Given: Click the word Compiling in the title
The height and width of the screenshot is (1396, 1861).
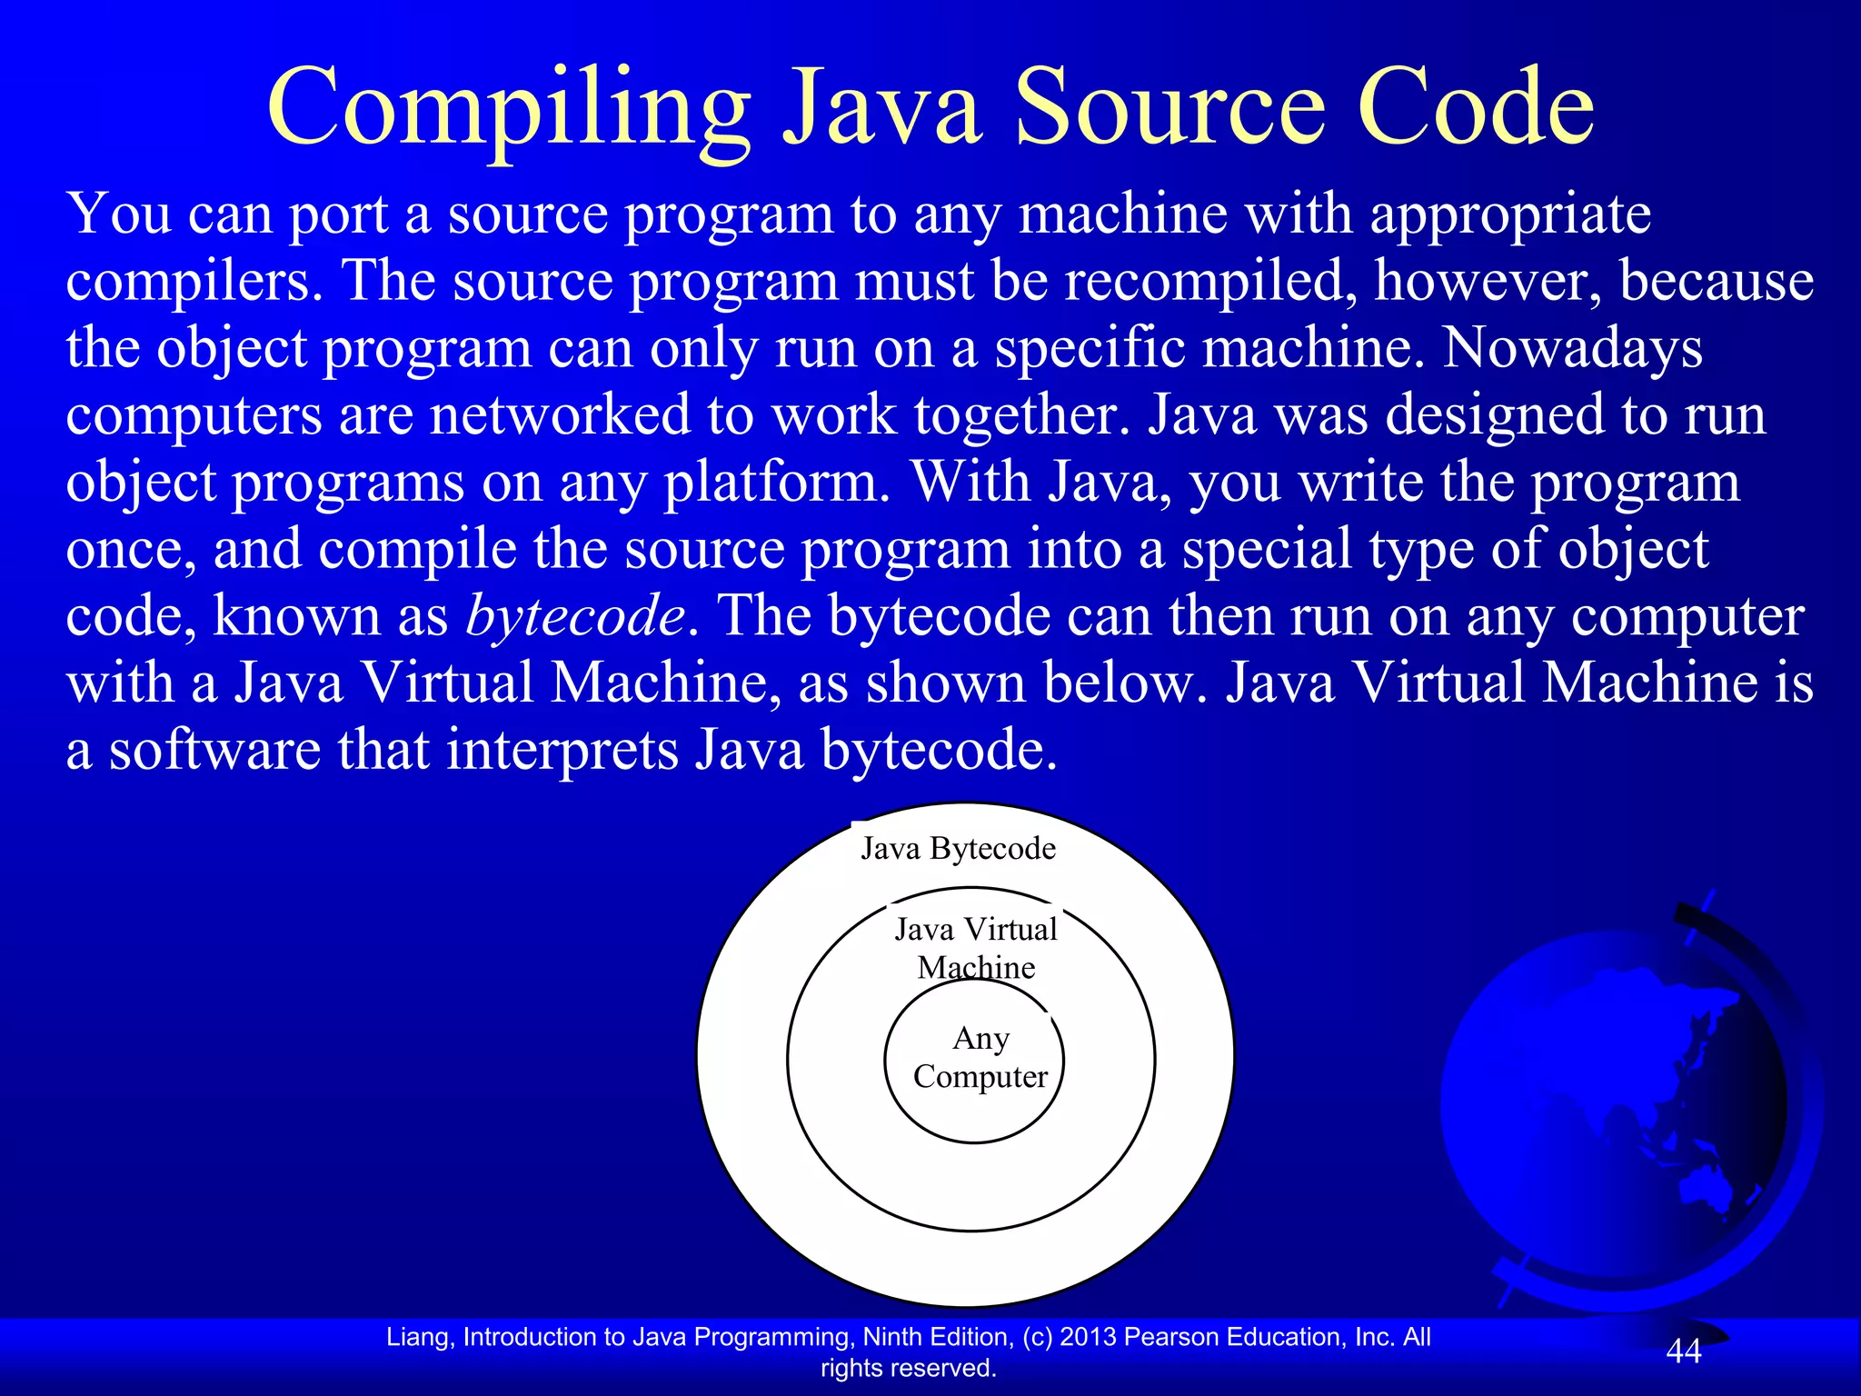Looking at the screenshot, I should coord(509,109).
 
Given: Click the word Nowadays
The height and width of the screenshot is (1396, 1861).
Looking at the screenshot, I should coord(1572,348).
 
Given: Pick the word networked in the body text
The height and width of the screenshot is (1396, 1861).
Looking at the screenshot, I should coord(560,415).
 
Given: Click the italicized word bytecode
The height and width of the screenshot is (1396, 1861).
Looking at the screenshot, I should coord(574,616).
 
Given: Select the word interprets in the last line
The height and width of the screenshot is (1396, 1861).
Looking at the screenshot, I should coord(562,751).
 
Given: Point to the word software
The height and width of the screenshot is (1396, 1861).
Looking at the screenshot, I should coord(214,751).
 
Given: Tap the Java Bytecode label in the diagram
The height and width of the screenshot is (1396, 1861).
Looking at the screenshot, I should coord(958,849).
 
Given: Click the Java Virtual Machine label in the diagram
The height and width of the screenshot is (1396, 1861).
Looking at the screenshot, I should coord(976,948).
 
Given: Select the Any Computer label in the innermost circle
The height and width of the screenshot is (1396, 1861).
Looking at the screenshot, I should coord(980,1057).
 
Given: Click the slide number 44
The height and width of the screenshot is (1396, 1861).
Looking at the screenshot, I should coord(1683,1351).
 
